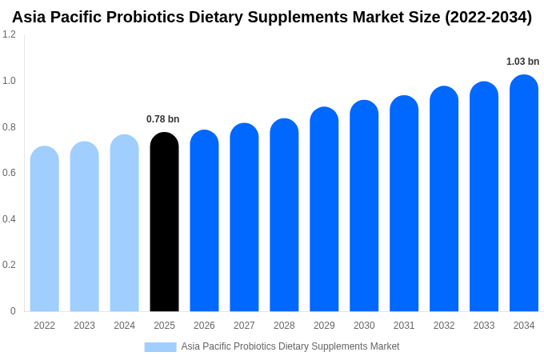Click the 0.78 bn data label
pyautogui.click(x=162, y=119)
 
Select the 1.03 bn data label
pyautogui.click(x=522, y=62)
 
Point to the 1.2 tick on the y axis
pyautogui.click(x=9, y=34)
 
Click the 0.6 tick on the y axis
pyautogui.click(x=9, y=173)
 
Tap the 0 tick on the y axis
pyautogui.click(x=13, y=311)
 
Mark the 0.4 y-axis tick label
pyautogui.click(x=9, y=219)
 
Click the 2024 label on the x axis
pyautogui.click(x=124, y=326)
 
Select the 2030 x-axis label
pyautogui.click(x=364, y=326)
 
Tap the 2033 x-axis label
pyautogui.click(x=484, y=326)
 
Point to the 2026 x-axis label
pyautogui.click(x=204, y=326)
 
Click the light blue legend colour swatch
pyautogui.click(x=160, y=346)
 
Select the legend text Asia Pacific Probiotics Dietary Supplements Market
pyautogui.click(x=290, y=346)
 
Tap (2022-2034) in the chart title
pyautogui.click(x=488, y=17)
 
